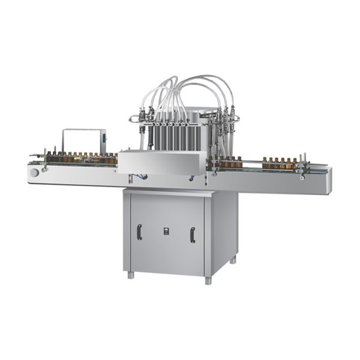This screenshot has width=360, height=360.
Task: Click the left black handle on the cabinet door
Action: [139, 232]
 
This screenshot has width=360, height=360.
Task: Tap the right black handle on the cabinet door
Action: [192, 235]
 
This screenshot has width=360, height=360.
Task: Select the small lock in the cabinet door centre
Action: [166, 230]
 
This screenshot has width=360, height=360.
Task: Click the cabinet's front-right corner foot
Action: [208, 280]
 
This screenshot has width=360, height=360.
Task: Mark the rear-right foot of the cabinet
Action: [233, 259]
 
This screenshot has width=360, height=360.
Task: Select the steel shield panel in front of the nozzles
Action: [162, 161]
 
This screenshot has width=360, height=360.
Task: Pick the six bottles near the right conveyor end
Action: [280, 163]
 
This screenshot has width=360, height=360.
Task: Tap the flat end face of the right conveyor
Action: [328, 181]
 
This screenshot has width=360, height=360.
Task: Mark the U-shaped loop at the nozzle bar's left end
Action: [133, 120]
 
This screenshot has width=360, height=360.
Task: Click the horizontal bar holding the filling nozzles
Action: [180, 118]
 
